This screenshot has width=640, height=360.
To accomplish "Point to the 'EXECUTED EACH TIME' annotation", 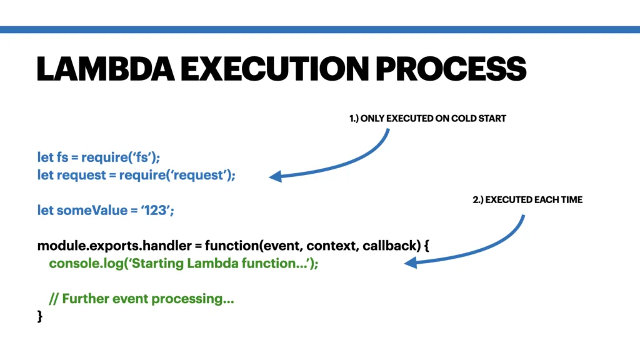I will (x=527, y=200).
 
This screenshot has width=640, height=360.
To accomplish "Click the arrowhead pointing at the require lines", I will (x=275, y=177).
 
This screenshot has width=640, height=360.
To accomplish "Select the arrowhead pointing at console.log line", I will (x=410, y=264).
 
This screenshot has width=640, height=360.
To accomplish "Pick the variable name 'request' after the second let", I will (x=82, y=176).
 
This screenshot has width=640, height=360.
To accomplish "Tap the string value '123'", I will (x=155, y=211).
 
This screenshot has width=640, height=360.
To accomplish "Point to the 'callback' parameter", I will (x=387, y=246).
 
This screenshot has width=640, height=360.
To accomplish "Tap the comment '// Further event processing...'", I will (x=141, y=299).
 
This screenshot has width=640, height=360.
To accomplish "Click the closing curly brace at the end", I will (x=40, y=317).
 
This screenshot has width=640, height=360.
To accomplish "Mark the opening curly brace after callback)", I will (x=426, y=246).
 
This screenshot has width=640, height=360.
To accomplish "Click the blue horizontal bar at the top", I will (x=320, y=29).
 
